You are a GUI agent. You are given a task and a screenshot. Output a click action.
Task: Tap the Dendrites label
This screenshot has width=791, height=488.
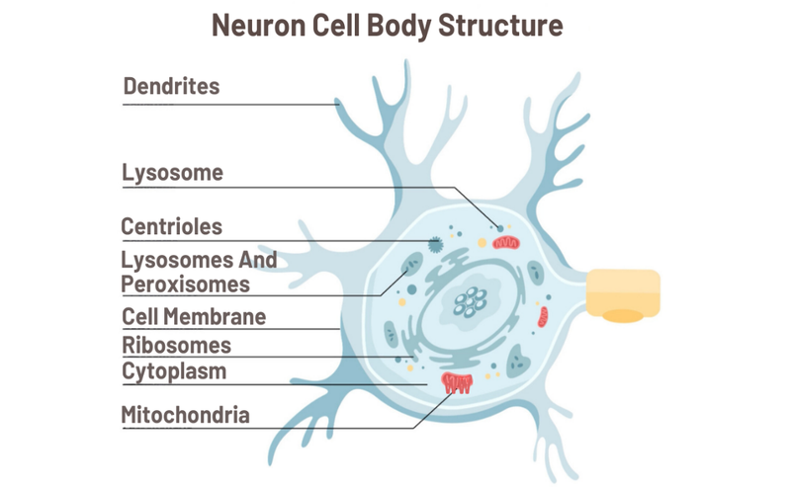pyautogui.click(x=171, y=86)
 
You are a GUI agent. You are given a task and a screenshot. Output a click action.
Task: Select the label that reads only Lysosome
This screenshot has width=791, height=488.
pyautogui.click(x=172, y=173)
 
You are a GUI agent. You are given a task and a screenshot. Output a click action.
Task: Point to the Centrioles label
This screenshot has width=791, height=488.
pyautogui.click(x=171, y=226)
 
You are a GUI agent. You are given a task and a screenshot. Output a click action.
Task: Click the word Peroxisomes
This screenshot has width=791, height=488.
pyautogui.click(x=185, y=285)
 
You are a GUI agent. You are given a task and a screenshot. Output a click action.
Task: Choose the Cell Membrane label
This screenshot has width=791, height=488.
pyautogui.click(x=194, y=317)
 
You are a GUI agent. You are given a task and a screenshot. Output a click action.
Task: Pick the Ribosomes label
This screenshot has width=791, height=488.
pyautogui.click(x=176, y=345)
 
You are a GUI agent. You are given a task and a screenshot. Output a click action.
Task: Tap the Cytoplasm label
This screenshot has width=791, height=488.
pyautogui.click(x=174, y=371)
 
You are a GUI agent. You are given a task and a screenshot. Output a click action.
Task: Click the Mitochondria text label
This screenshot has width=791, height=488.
pyautogui.click(x=185, y=414)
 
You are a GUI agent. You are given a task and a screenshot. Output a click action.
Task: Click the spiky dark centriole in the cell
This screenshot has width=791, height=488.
pyautogui.click(x=434, y=243)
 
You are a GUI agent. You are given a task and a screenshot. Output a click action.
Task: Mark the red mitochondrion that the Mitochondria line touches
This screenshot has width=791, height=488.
pyautogui.click(x=457, y=382)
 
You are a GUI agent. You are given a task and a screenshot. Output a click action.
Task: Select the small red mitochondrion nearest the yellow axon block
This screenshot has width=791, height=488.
pyautogui.click(x=543, y=317)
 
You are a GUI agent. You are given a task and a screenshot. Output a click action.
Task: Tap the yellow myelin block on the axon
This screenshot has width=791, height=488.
pyautogui.click(x=623, y=294)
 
